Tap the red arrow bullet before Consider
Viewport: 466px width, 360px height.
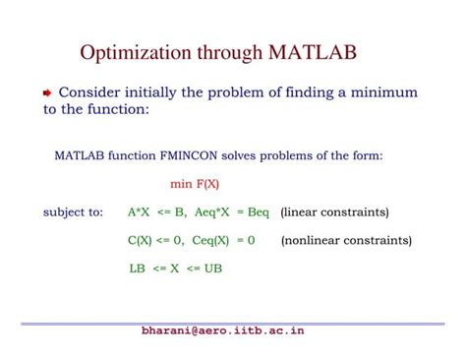click(x=47, y=93)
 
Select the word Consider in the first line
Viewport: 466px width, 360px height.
click(x=93, y=92)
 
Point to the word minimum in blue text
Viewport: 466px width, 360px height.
click(x=382, y=92)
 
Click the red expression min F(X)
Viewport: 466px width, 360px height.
click(x=195, y=183)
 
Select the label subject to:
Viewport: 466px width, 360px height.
click(x=73, y=211)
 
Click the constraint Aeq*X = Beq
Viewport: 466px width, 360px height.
click(x=232, y=211)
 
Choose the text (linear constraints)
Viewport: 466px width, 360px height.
click(x=334, y=211)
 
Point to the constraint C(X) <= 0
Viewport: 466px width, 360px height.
click(x=155, y=239)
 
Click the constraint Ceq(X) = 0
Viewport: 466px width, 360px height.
click(x=224, y=239)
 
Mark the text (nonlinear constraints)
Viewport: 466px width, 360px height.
click(x=346, y=239)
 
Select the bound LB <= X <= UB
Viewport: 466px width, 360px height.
click(x=175, y=268)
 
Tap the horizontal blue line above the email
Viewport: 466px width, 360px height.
click(x=233, y=323)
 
